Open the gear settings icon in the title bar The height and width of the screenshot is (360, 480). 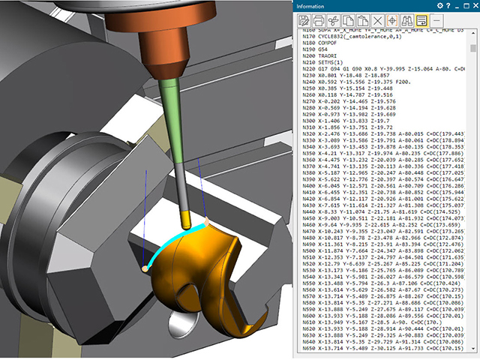(451, 6)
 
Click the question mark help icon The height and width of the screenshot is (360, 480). (460, 6)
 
